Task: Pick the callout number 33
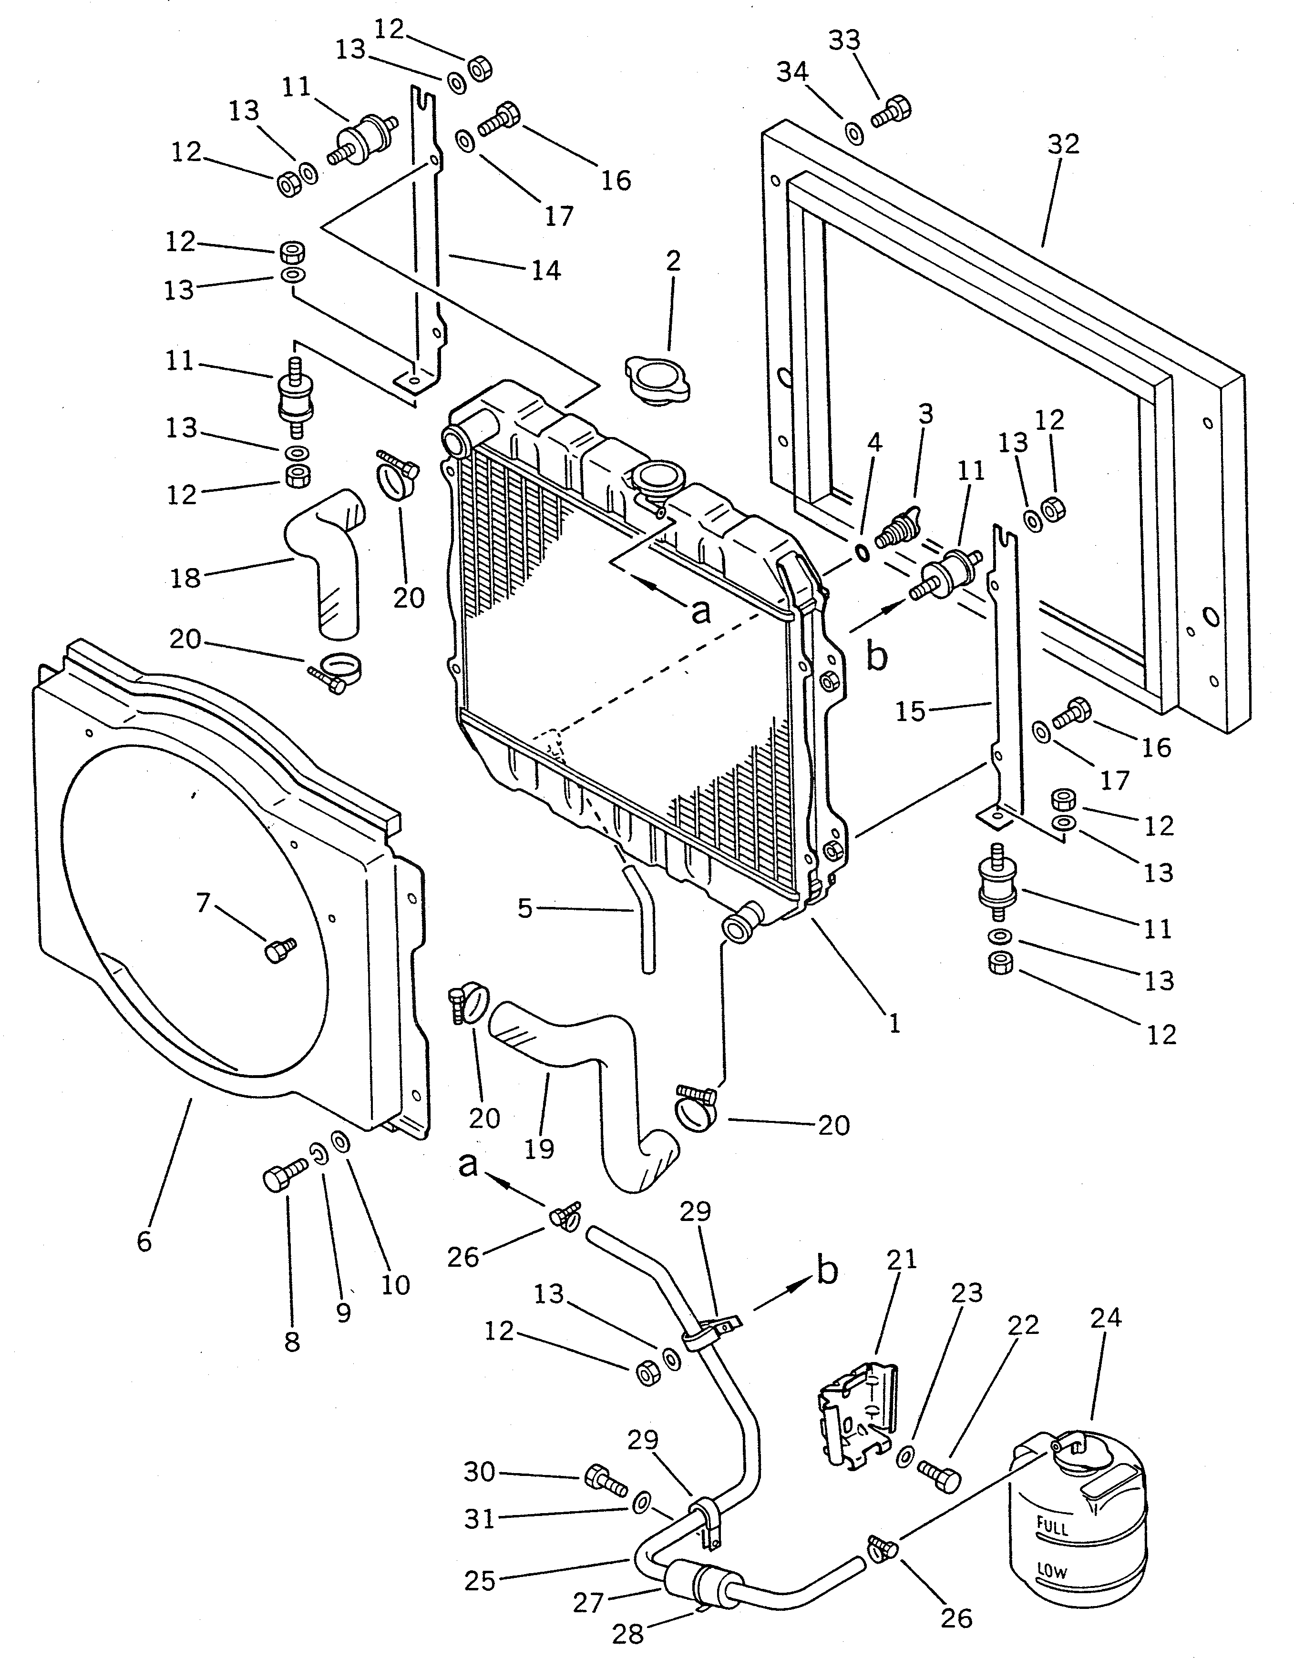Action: [x=844, y=40]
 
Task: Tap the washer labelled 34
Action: [x=853, y=133]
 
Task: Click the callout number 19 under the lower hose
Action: [x=539, y=1149]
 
